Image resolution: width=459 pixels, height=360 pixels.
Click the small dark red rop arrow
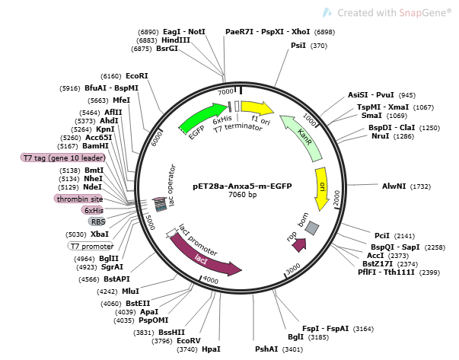298,244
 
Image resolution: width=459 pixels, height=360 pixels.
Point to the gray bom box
312,228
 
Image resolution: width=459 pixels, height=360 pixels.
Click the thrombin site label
78,199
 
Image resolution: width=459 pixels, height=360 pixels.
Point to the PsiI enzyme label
298,46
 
